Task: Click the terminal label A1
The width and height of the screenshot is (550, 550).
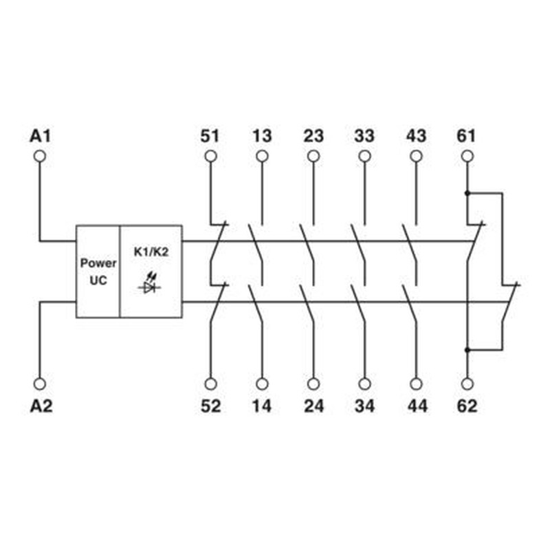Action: (41, 136)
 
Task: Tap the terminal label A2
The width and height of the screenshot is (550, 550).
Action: (41, 406)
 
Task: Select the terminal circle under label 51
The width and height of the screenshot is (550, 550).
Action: (210, 156)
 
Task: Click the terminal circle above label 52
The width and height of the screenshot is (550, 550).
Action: (210, 384)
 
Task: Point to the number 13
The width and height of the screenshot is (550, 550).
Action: (262, 136)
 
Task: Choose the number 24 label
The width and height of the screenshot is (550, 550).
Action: (313, 406)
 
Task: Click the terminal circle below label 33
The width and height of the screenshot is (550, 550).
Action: (365, 156)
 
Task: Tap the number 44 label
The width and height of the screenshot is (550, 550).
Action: (417, 406)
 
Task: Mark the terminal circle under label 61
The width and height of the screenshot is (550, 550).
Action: (467, 156)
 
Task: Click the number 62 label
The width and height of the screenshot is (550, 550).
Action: (467, 406)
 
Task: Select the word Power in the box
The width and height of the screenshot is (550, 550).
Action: (98, 263)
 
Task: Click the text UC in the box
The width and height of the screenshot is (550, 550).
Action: (98, 280)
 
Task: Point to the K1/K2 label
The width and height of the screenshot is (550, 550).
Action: (151, 252)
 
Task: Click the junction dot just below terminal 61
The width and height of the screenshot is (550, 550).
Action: (467, 193)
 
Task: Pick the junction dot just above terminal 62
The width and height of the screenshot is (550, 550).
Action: (467, 350)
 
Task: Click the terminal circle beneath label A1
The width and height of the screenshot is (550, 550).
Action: (40, 156)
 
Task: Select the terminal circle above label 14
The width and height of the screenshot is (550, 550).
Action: (262, 384)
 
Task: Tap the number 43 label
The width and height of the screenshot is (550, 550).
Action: (417, 136)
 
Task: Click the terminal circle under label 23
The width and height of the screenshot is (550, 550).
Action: (313, 156)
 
